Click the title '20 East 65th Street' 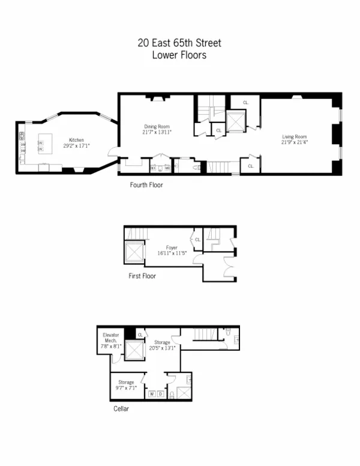[180, 43]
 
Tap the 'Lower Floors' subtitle [180, 55]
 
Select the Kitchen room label [76, 142]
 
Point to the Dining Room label [157, 129]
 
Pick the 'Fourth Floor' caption [146, 185]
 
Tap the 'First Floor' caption [142, 276]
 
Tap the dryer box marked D [160, 394]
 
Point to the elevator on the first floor [133, 253]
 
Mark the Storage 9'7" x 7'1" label [126, 384]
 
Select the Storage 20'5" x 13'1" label [161, 345]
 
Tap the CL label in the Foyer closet [197, 240]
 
